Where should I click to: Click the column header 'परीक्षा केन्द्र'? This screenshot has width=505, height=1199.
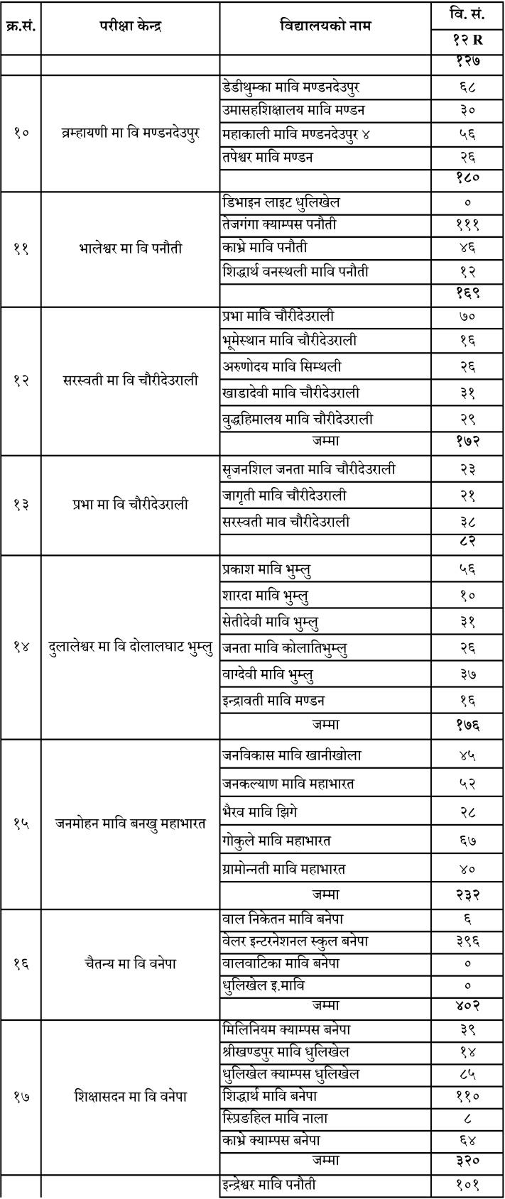point(130,27)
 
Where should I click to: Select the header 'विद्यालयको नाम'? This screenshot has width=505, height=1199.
point(325,27)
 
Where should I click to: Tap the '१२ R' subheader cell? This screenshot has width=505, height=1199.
point(467,41)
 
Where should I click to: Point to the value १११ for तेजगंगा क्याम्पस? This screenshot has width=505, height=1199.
point(467,225)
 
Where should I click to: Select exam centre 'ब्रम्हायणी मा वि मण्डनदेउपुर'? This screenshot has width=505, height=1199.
point(130,133)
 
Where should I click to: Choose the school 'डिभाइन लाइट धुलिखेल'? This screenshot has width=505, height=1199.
point(281,202)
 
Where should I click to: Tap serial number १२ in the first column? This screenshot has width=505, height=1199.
point(21,380)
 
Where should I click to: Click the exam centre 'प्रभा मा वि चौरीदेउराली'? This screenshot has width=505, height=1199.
point(130,505)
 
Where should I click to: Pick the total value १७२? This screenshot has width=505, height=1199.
point(467,441)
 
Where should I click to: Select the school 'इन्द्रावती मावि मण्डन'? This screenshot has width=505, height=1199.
point(273,701)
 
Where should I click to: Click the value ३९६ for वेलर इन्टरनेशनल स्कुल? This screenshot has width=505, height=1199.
point(467,941)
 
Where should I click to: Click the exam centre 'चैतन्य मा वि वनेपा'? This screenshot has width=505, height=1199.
point(130,963)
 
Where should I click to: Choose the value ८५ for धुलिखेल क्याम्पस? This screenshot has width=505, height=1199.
point(467,1074)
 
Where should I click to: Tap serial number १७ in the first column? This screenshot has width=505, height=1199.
point(21,1097)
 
